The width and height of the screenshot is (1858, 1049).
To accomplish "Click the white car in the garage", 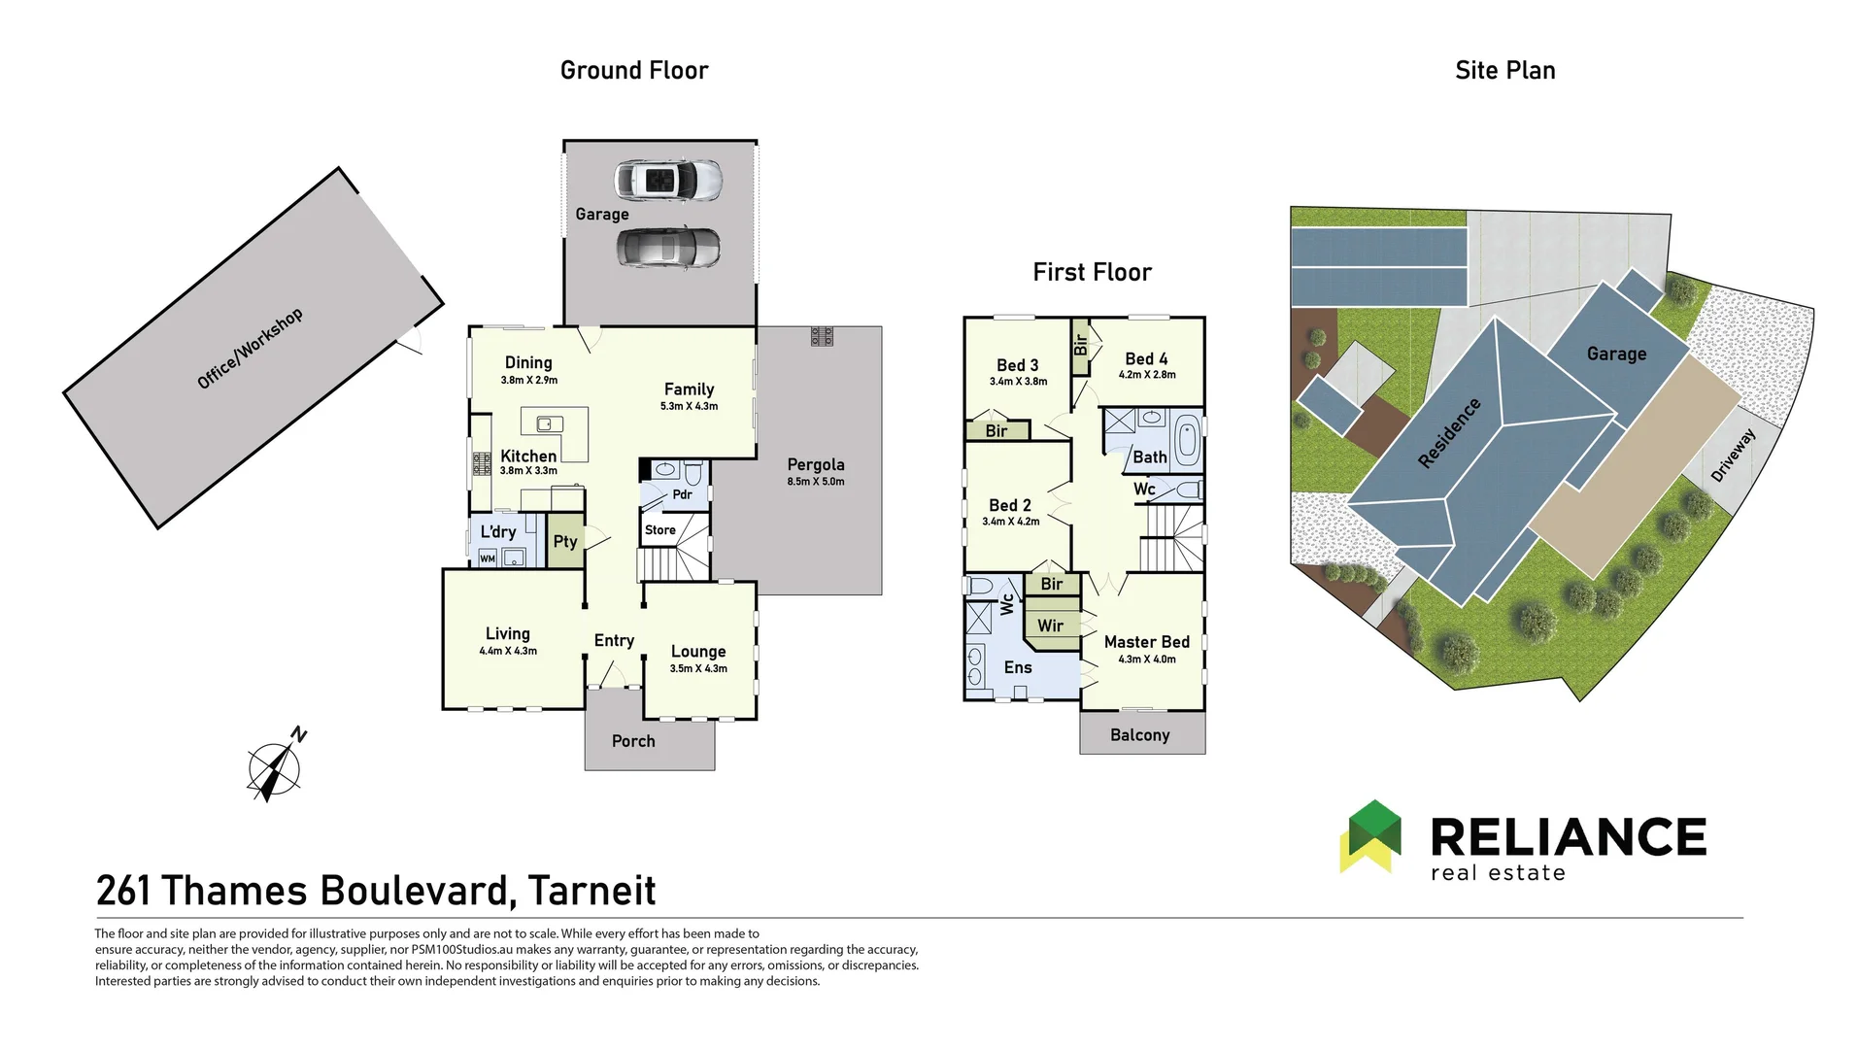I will pyautogui.click(x=668, y=181).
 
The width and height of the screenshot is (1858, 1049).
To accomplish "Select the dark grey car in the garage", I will pyautogui.click(x=668, y=248).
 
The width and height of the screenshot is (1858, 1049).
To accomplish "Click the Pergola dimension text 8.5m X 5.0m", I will pyautogui.click(x=815, y=482).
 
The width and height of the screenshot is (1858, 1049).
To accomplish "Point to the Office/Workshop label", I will pyautogui.click(x=250, y=349).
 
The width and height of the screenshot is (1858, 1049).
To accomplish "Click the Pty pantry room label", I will pyautogui.click(x=565, y=541).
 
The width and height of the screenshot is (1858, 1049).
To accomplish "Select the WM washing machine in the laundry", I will pyautogui.click(x=488, y=558).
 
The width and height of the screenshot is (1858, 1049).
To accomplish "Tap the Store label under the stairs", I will pyautogui.click(x=659, y=530).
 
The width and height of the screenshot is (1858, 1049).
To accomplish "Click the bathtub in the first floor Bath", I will pyautogui.click(x=1187, y=441).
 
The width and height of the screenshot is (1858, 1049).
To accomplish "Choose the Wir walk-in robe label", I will pyautogui.click(x=1050, y=626).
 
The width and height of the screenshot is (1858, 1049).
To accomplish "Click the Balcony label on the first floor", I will pyautogui.click(x=1139, y=735).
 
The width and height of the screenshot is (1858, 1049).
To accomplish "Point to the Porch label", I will pyautogui.click(x=633, y=741).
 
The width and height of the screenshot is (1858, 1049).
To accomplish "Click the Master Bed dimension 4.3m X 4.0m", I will pyautogui.click(x=1146, y=660).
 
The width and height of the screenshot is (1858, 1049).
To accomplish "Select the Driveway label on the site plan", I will pyautogui.click(x=1733, y=455).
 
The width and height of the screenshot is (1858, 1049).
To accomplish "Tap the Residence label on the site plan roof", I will pyautogui.click(x=1449, y=433).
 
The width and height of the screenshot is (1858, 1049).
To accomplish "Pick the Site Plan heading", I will pyautogui.click(x=1504, y=70).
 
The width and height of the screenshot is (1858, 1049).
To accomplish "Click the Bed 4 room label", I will pyautogui.click(x=1146, y=358).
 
